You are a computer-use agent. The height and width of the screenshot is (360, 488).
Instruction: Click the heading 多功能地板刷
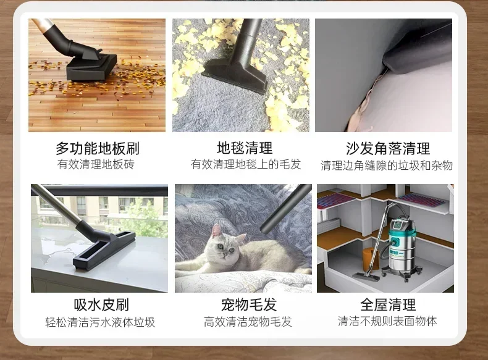click(x=98, y=148)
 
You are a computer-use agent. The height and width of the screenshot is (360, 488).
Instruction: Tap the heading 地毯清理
click(x=245, y=148)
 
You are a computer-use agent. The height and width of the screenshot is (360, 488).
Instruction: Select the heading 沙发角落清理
click(x=388, y=148)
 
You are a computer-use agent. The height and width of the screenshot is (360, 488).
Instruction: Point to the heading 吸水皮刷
click(x=101, y=304)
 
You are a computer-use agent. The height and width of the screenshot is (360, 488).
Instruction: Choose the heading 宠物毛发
click(x=249, y=304)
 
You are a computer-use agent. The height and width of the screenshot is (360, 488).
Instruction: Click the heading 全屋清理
click(x=388, y=304)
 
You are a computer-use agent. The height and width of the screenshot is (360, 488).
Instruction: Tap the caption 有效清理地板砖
click(x=96, y=164)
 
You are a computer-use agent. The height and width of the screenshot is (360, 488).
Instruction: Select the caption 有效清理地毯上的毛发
click(x=246, y=164)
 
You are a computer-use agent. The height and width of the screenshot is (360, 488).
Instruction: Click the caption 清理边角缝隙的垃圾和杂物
click(x=387, y=165)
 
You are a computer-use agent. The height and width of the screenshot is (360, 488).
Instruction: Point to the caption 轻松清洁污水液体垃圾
click(x=100, y=322)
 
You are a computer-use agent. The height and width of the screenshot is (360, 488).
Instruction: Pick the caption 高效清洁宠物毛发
click(x=248, y=322)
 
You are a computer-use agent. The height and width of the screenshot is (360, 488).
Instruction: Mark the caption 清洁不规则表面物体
click(x=387, y=321)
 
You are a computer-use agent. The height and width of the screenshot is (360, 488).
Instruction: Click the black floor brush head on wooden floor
click(x=91, y=67)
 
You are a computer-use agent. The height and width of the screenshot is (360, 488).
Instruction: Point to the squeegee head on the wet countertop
click(x=104, y=251)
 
